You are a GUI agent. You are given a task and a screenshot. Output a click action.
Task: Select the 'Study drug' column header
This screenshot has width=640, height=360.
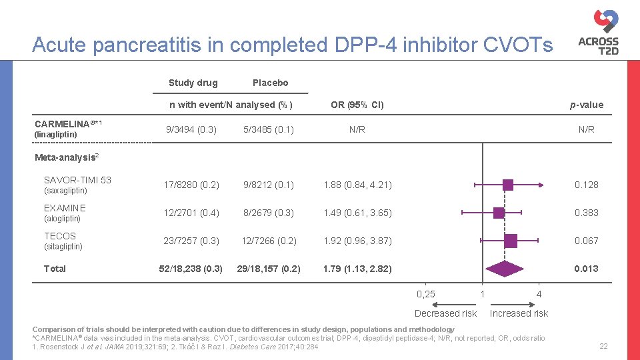coord(193,83)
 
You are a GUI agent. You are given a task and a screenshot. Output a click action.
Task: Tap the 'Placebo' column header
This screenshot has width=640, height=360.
coord(270,83)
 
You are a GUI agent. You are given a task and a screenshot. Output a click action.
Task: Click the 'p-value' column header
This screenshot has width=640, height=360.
coord(587,105)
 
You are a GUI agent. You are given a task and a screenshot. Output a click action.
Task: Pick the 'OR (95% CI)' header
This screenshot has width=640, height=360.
coord(357,105)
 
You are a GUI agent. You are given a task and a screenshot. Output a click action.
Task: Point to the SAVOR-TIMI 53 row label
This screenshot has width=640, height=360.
coord(77,180)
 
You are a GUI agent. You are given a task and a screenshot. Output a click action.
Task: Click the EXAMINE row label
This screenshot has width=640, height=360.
coord(65,208)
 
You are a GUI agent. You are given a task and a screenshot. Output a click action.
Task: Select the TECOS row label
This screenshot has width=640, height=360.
coord(60,236)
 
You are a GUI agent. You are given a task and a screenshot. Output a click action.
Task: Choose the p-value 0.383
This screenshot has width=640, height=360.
coord(587,213)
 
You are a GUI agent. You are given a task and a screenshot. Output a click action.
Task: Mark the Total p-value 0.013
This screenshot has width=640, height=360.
coord(587,269)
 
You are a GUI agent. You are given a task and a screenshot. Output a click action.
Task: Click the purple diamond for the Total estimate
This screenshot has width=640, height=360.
coord(505,269)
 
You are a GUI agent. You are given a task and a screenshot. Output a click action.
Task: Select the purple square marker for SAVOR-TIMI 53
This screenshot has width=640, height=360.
coord(507,185)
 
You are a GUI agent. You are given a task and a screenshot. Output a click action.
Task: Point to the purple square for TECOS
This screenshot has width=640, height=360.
coord(511,241)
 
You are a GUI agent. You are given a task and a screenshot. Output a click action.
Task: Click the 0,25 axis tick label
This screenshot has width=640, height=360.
coord(425,294)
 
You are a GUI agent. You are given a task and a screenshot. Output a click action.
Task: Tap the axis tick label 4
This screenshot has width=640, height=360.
coord(539,294)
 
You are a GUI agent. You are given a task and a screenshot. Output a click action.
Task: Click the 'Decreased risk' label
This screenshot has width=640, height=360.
coord(445,313)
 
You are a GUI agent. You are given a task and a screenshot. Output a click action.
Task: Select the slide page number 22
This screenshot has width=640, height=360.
coord(603,346)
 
